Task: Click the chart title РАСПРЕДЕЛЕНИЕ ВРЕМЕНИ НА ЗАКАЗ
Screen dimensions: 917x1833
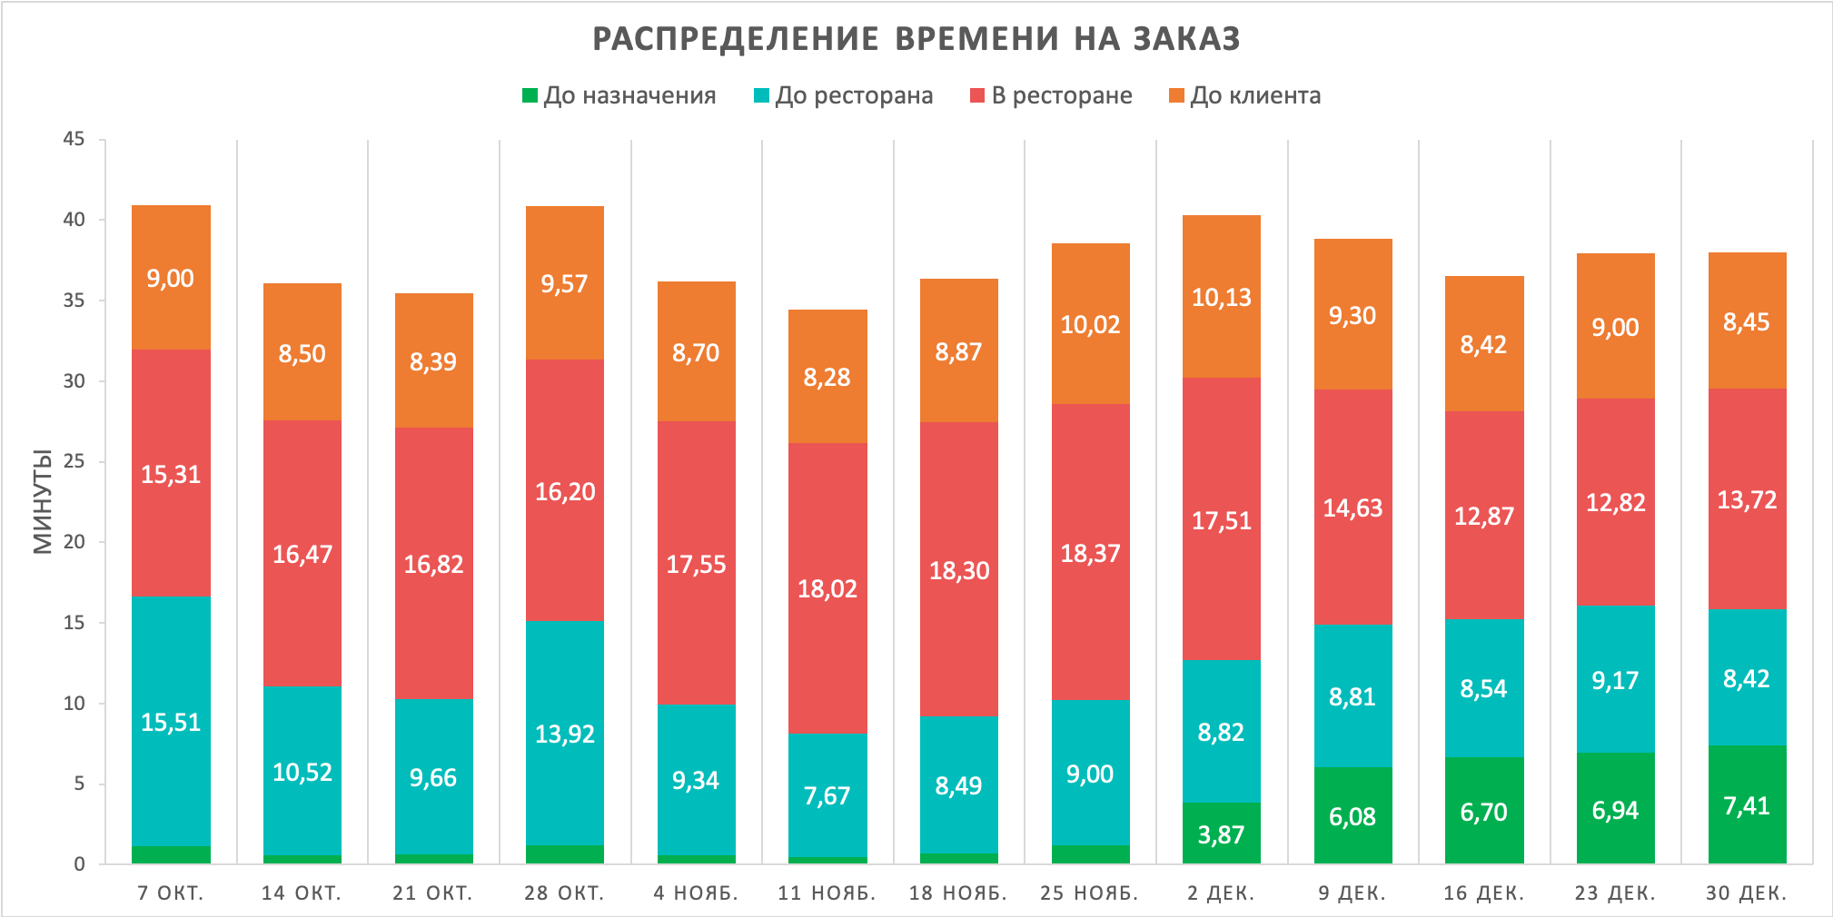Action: [x=916, y=39]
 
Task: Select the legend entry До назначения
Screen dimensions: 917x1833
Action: [x=629, y=95]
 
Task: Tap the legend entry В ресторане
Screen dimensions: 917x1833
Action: [x=1061, y=95]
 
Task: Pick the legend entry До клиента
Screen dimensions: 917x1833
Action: [x=1254, y=95]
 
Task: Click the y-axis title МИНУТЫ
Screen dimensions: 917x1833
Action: [x=43, y=501]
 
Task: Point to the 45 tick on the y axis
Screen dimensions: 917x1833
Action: [x=74, y=139]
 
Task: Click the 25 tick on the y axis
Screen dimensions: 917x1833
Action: [x=74, y=461]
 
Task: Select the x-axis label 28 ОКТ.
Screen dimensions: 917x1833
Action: [x=564, y=892]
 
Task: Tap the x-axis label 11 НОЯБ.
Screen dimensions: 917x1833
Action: [x=827, y=892]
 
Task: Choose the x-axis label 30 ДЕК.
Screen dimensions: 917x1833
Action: [x=1746, y=892]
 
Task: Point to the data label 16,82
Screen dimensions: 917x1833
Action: [x=433, y=565]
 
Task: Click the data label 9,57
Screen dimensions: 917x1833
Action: [x=564, y=284]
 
